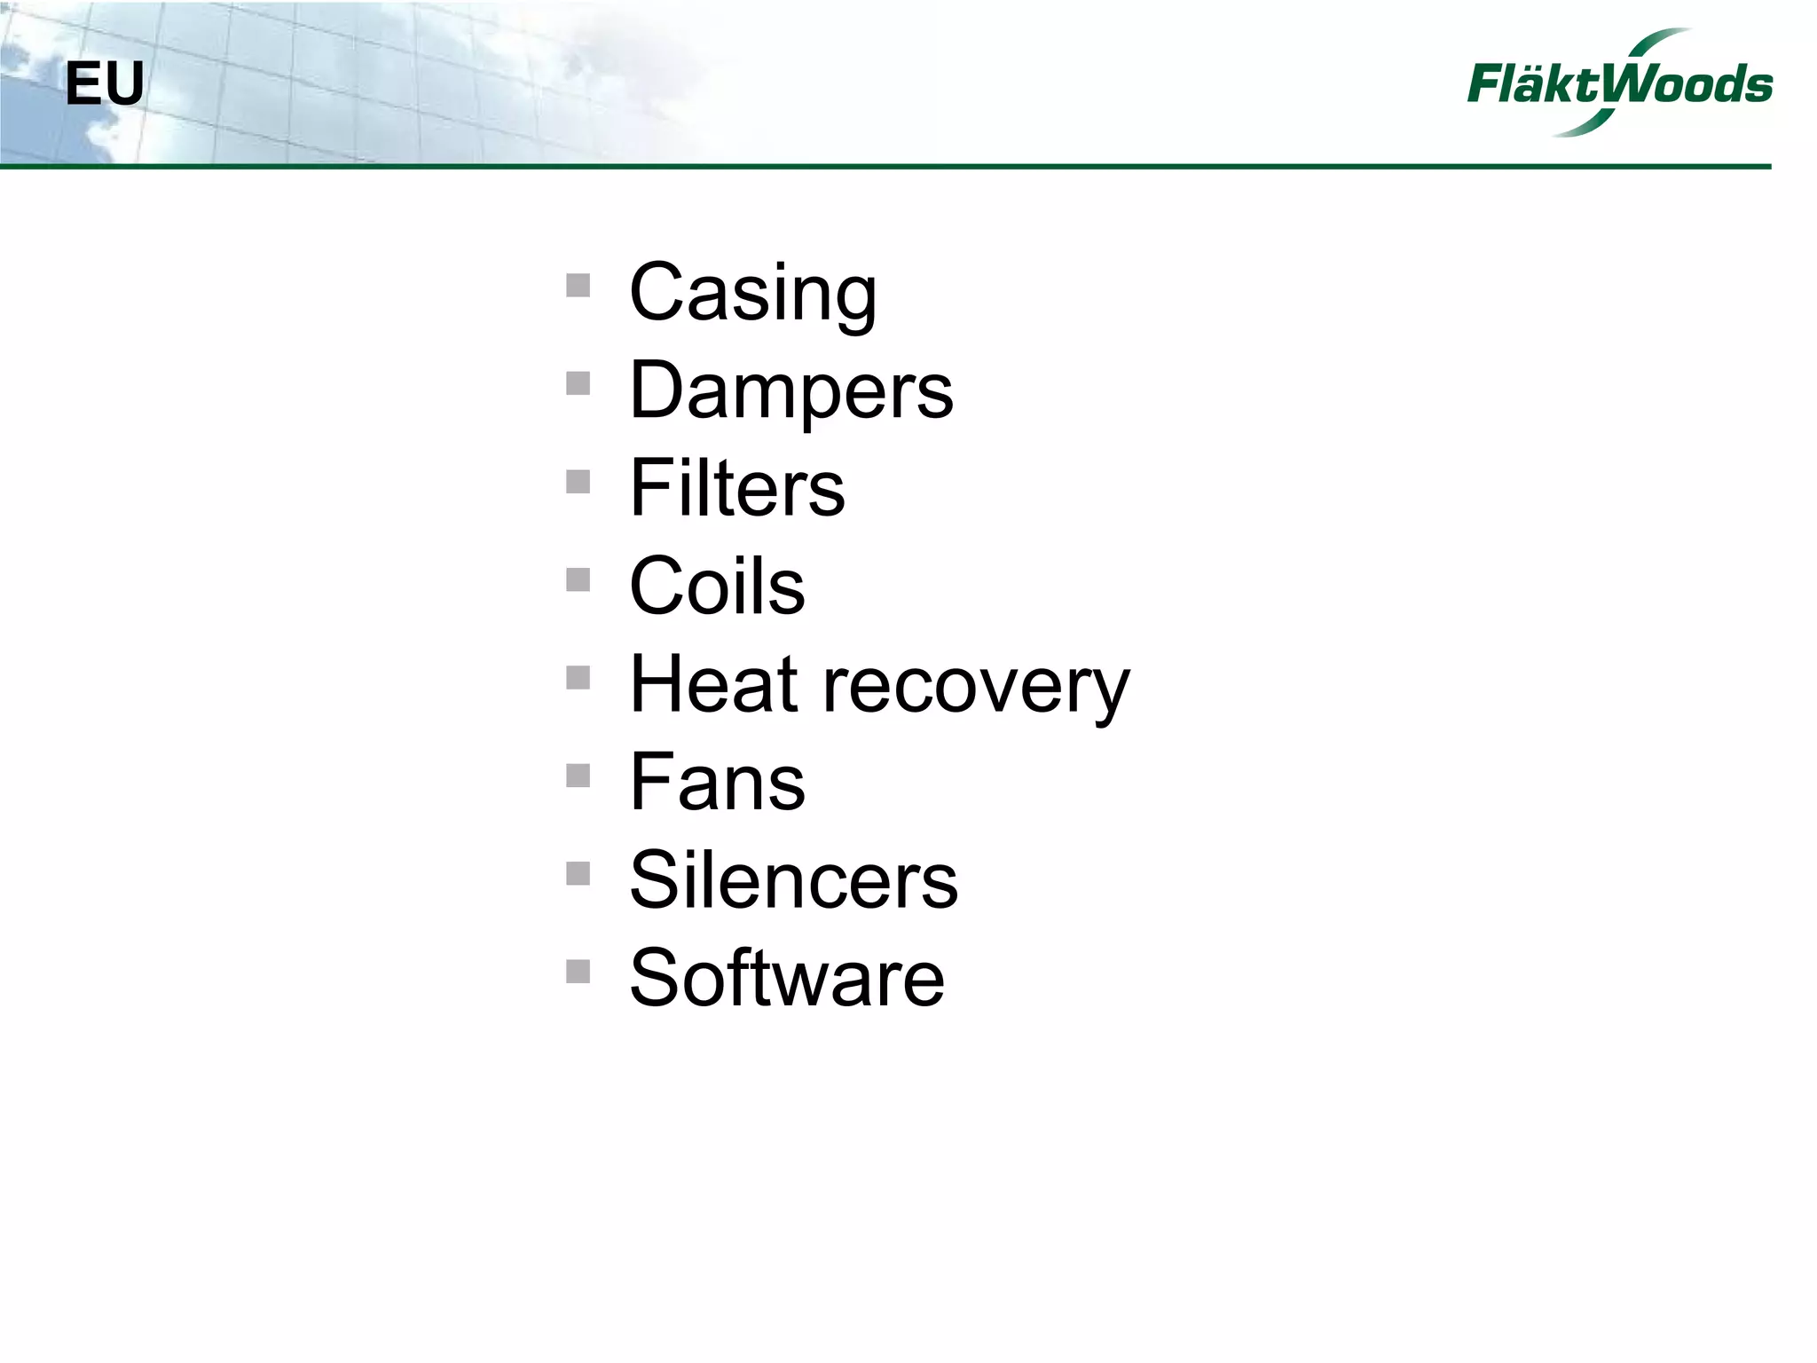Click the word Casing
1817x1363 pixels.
click(x=752, y=294)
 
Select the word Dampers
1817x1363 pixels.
click(x=791, y=391)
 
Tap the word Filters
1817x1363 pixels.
click(x=736, y=489)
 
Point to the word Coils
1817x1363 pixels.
click(x=717, y=587)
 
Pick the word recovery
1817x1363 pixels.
click(x=976, y=689)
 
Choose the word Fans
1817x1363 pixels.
click(x=717, y=783)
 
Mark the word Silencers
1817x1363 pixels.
click(x=793, y=880)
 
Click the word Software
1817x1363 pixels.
click(x=787, y=978)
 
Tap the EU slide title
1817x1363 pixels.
click(x=105, y=85)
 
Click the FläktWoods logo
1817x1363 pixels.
click(x=1619, y=83)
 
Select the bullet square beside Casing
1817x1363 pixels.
click(x=578, y=286)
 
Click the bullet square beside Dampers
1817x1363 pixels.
click(x=578, y=383)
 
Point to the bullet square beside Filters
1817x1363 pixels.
click(x=578, y=481)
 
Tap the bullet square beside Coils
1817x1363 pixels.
click(x=578, y=579)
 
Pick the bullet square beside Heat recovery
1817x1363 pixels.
click(x=578, y=678)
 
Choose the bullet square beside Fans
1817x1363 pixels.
click(x=578, y=776)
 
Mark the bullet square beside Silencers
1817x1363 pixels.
click(x=578, y=873)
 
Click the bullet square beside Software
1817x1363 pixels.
click(x=578, y=972)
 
